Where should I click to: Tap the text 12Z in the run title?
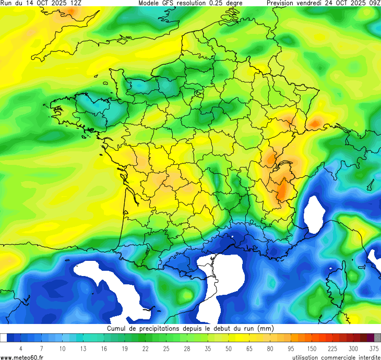pos(75,3)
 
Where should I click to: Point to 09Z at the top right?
pos(374,3)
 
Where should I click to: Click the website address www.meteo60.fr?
pos(22,357)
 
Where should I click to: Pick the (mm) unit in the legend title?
pos(266,329)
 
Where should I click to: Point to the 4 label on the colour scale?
pos(20,348)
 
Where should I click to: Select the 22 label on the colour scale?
pos(145,348)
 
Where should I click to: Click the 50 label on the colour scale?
pos(228,348)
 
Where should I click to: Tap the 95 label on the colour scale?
pos(291,348)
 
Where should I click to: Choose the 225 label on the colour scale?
pos(332,348)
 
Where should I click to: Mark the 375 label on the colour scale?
pos(374,348)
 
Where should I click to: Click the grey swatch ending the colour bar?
pos(377,338)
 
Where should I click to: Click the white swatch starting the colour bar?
pos(4,338)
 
